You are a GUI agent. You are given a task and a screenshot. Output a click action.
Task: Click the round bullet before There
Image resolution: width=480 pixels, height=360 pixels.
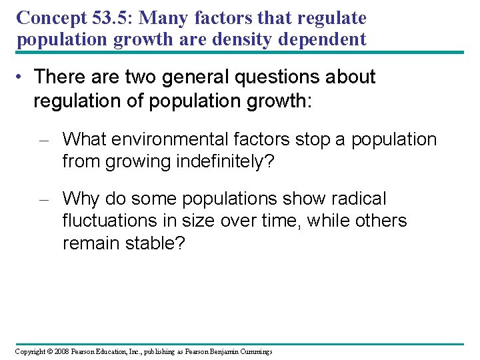pos(22,77)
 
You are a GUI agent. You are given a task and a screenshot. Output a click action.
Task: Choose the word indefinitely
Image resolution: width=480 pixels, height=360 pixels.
pos(223,161)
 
